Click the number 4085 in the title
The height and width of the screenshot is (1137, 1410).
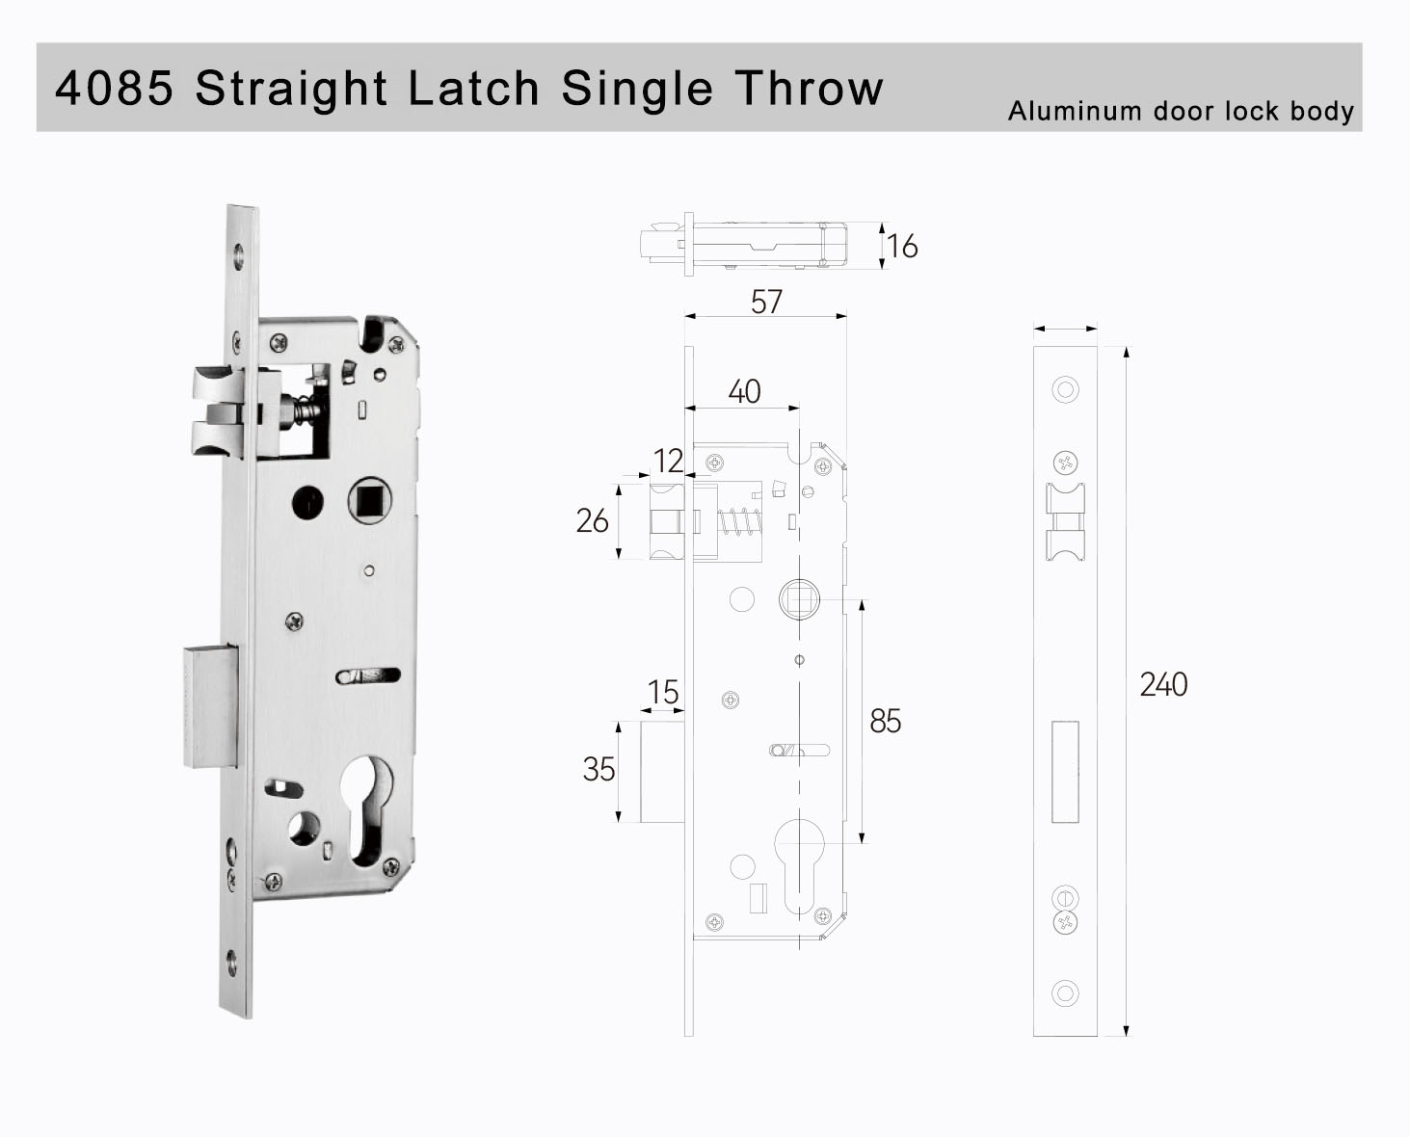[x=115, y=88]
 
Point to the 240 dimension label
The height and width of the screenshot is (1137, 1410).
[x=1163, y=685]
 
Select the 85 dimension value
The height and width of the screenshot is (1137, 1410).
[x=885, y=721]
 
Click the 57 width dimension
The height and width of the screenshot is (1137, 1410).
[x=766, y=302]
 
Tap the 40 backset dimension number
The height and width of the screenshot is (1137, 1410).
[x=744, y=391]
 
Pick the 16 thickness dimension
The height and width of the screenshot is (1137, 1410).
[x=902, y=247]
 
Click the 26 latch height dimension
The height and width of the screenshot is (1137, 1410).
[x=593, y=521]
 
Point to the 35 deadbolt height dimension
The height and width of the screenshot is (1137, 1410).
[x=599, y=769]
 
